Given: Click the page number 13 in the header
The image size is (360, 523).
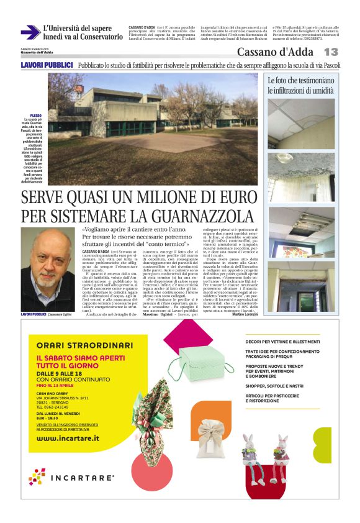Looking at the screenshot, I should point(331,52).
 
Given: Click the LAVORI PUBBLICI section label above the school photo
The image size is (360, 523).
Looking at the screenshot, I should point(47,65).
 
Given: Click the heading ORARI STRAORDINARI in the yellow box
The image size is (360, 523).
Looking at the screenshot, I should point(84,345).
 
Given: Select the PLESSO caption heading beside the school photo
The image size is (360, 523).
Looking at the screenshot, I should point(35,116).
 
